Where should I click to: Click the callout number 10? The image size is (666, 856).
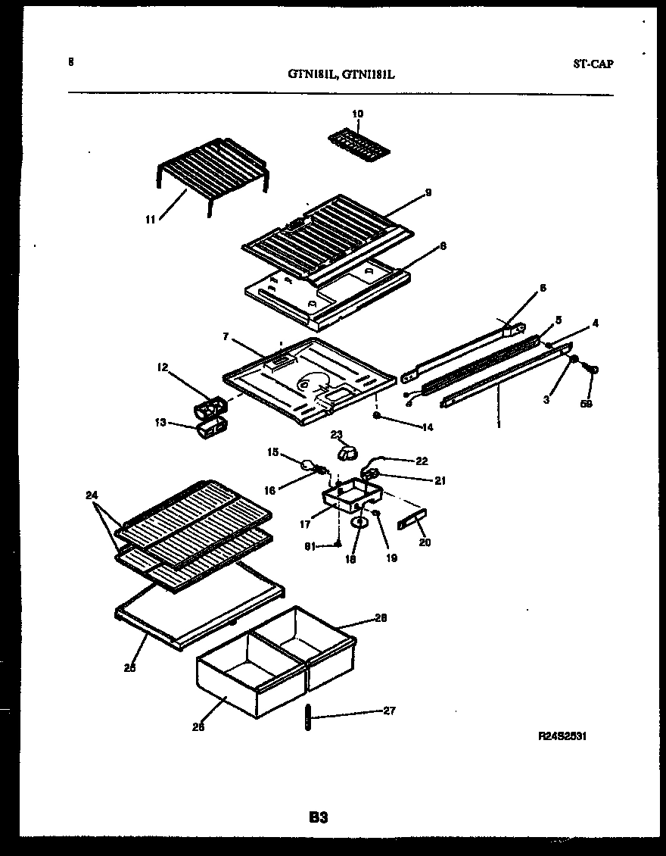[357, 114]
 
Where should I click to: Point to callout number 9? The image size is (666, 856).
[428, 192]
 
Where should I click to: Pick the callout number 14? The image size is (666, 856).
[428, 427]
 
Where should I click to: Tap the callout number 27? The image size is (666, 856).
[389, 711]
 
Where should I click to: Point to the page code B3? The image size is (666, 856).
[318, 817]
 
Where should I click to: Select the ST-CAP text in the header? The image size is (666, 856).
[593, 64]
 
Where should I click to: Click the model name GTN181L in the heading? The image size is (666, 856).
[312, 74]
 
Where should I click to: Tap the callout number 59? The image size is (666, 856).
[587, 404]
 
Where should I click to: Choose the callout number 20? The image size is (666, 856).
[425, 542]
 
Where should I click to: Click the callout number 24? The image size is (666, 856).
[92, 496]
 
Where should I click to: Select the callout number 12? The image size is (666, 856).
[162, 367]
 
